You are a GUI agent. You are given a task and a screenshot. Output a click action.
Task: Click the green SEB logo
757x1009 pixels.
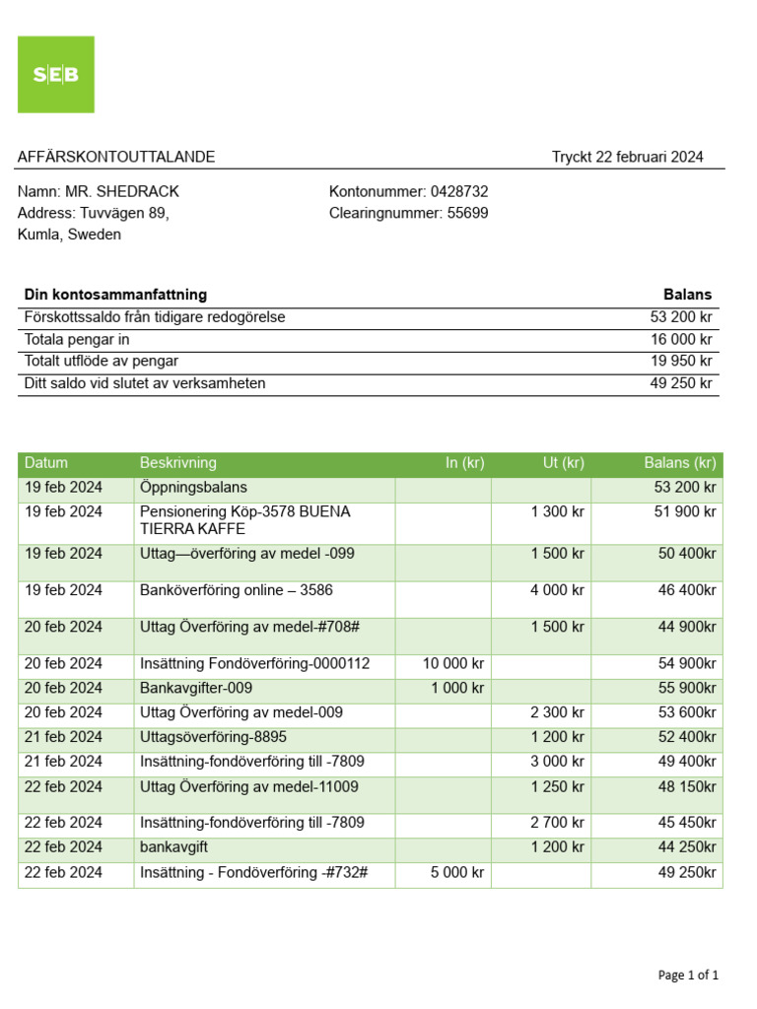coord(56,75)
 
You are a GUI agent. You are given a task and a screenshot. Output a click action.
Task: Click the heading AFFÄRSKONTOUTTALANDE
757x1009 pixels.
coord(116,158)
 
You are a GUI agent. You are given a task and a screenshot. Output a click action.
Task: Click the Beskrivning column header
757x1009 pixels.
coord(178,463)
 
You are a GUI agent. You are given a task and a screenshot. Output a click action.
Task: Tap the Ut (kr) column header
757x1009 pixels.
coord(563,463)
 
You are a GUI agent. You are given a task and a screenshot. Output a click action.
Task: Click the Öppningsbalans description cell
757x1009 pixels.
coord(193,488)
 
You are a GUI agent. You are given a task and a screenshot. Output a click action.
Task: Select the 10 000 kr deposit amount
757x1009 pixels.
coord(453,664)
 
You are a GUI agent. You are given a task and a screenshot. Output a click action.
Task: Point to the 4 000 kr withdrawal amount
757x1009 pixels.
coord(557,590)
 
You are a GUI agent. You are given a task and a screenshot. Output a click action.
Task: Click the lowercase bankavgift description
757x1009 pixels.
coord(173,847)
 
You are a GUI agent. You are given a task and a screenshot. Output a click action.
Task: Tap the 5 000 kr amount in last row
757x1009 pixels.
coord(457,872)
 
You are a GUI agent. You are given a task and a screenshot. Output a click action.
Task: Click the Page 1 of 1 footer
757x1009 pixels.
coord(688,975)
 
